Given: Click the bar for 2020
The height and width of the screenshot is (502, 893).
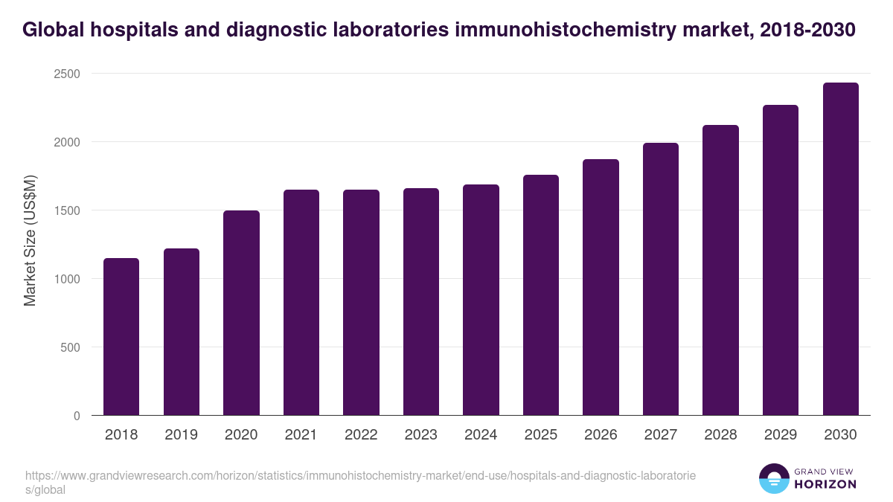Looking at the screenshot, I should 241,313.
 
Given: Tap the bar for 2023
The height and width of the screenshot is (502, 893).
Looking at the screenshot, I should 421,302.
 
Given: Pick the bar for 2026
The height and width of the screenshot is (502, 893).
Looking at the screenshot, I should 601,287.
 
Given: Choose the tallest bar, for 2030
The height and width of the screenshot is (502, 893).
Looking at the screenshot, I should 840,249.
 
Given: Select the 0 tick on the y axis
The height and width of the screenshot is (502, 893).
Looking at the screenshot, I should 77,416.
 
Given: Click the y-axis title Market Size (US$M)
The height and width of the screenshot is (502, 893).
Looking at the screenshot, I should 30,241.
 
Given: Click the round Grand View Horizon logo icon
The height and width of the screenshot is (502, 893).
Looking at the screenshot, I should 773,478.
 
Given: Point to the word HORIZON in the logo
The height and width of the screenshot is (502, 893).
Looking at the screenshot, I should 825,484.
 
